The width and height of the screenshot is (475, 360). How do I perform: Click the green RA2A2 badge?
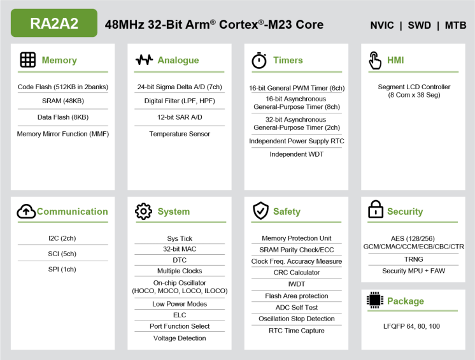54,23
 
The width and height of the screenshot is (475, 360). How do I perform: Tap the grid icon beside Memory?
28,60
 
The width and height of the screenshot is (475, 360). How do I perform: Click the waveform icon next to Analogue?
145,60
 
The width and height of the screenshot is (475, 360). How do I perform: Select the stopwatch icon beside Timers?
259,61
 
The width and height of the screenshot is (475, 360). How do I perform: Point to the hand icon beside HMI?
375,61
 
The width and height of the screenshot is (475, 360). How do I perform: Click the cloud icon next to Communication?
26,212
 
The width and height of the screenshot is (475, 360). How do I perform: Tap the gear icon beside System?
144,212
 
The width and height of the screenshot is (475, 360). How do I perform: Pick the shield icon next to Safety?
260,211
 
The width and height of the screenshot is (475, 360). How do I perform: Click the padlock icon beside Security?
376,210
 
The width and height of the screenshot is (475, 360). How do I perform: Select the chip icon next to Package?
375,301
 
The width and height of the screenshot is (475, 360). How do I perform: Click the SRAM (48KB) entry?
63,101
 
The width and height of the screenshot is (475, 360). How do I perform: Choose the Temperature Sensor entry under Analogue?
180,134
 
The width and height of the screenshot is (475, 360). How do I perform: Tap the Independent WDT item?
297,154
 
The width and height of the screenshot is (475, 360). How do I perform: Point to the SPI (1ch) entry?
62,269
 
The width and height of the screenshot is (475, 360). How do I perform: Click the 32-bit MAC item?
180,249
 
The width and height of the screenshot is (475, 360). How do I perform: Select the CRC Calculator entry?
297,273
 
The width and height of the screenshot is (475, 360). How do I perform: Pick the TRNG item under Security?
413,259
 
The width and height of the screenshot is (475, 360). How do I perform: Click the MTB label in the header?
455,25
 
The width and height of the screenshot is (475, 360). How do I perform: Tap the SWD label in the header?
420,25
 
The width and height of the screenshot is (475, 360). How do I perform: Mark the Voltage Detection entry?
180,338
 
